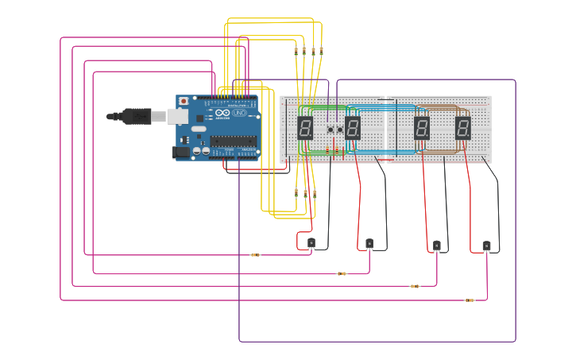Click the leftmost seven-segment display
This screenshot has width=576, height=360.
(305, 128)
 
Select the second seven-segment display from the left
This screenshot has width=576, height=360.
(353, 128)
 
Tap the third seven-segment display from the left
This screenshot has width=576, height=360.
(422, 128)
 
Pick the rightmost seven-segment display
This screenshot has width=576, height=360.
(463, 128)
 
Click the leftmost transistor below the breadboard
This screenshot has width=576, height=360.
(311, 242)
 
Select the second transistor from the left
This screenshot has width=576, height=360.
(369, 243)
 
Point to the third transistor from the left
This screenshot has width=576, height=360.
(436, 246)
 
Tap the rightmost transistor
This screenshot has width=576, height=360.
(486, 246)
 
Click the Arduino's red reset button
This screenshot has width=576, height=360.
(184, 102)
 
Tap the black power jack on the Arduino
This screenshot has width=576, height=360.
(180, 151)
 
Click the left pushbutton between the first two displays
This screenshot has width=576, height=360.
(331, 129)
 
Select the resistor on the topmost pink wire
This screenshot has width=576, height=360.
(255, 255)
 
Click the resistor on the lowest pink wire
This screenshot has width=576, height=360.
(470, 300)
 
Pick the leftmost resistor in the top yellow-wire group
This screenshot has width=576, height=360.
(296, 52)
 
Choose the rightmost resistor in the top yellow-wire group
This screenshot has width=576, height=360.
(321, 51)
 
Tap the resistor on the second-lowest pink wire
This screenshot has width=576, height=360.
(415, 286)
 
